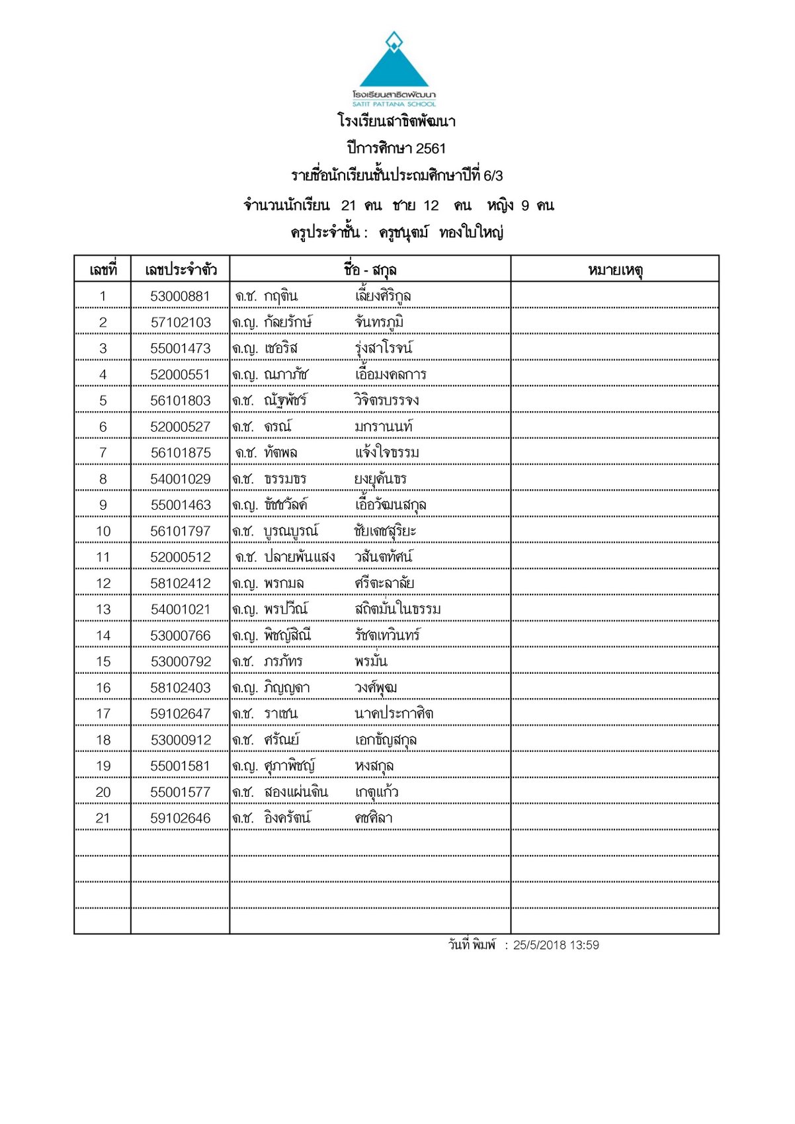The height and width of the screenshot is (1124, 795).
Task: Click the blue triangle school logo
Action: pos(394,63)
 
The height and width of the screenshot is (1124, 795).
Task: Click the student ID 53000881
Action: pos(180,296)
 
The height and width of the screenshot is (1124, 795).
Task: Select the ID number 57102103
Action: pos(180,323)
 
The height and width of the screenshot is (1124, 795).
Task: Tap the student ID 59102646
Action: pos(180,819)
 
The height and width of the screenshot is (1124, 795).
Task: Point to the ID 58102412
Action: pos(180,584)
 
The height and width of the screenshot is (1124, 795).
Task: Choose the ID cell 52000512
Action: pos(180,557)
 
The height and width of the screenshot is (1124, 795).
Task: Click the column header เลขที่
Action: pos(103,270)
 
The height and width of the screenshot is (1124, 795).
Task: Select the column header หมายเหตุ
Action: pos(615,270)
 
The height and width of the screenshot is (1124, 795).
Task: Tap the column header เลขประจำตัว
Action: pos(180,270)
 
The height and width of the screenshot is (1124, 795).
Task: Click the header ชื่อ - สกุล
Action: pos(370,270)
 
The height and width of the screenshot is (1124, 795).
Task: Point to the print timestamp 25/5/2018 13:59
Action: pos(556,945)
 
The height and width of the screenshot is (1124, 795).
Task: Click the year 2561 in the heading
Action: pos(431,149)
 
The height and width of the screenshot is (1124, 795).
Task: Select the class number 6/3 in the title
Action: pos(493,176)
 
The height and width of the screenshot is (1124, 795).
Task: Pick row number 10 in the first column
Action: pos(103,532)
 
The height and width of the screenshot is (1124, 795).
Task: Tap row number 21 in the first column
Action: pos(103,819)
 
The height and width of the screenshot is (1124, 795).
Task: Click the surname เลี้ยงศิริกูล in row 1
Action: pos(383,296)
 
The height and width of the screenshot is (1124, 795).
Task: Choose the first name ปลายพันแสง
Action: pos(299,557)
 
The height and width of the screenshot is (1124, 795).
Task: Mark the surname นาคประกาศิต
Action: pos(394,714)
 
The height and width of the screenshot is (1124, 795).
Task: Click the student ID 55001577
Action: pos(180,792)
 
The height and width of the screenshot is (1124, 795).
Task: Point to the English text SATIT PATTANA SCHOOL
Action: pos(394,104)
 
